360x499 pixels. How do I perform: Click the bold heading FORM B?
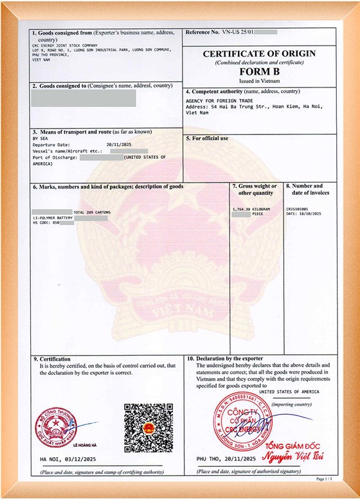(260, 73)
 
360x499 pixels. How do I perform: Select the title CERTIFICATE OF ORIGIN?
(260, 54)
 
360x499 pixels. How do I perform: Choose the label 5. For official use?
(207, 138)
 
